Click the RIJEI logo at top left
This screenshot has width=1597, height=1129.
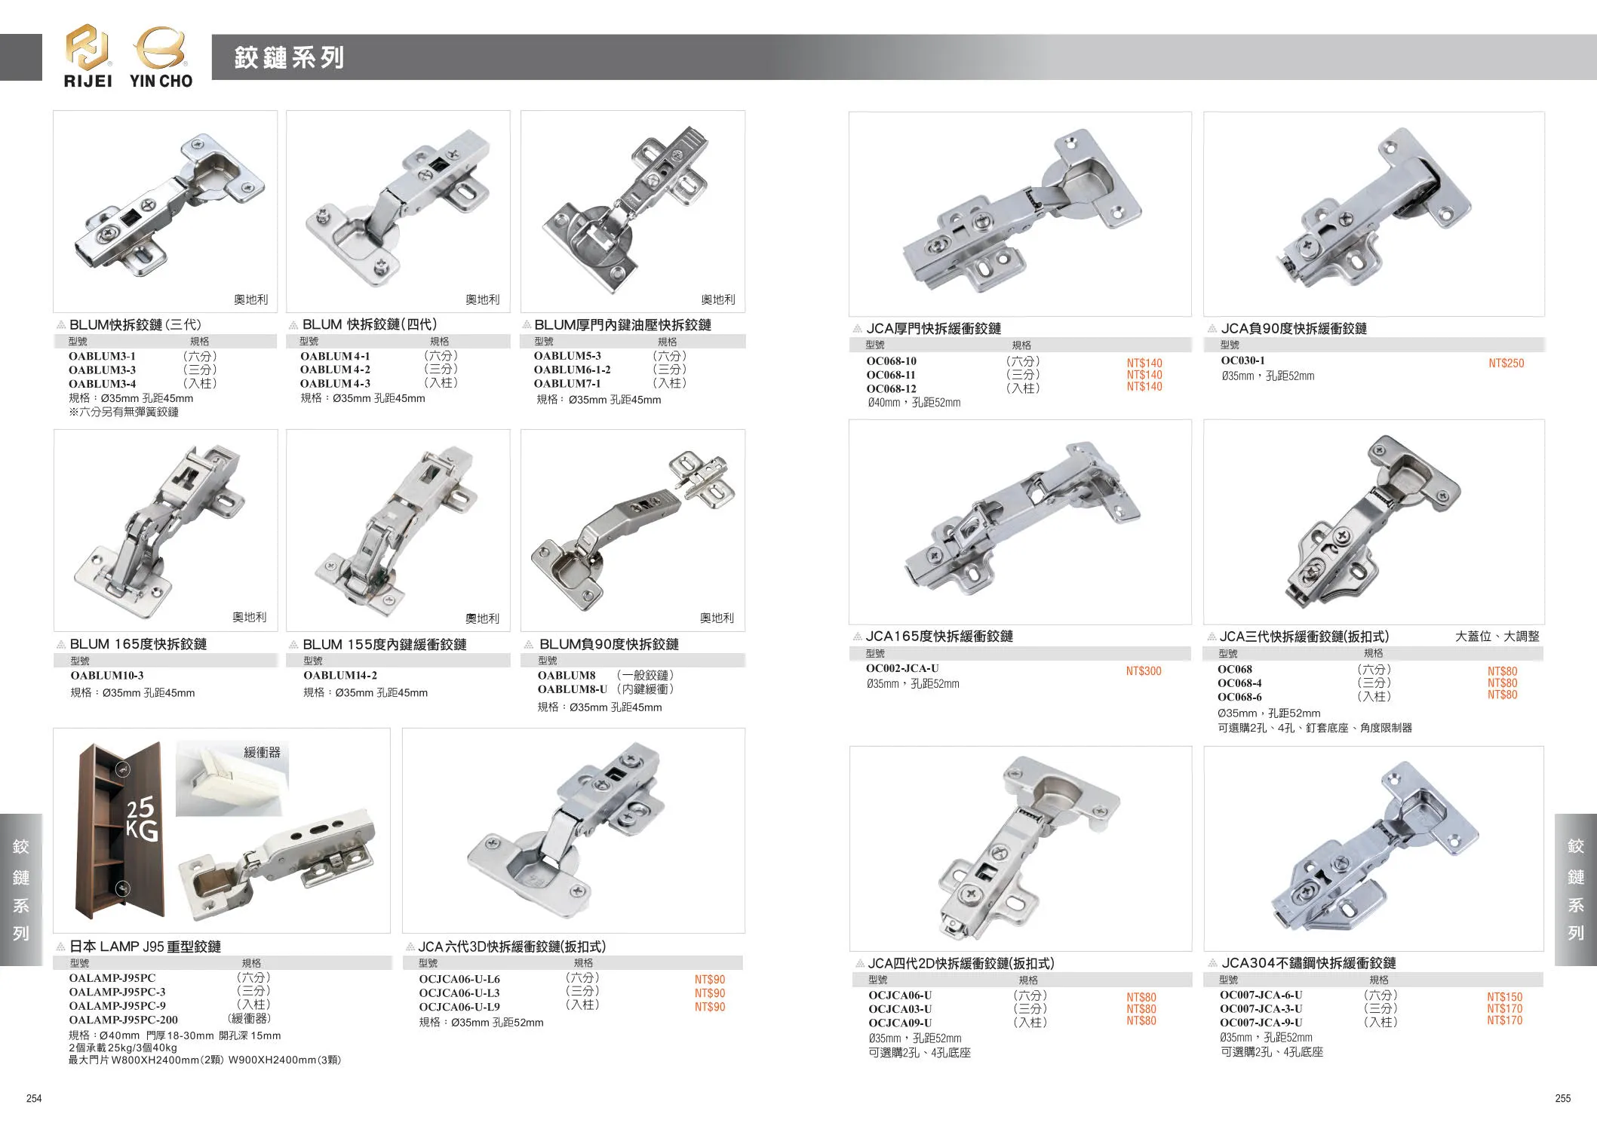(x=88, y=57)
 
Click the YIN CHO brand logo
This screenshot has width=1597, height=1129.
(x=161, y=57)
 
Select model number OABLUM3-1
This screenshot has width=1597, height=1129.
(x=102, y=356)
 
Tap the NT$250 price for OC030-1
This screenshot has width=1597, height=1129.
(x=1506, y=364)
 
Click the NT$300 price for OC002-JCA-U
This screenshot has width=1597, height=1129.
(x=1144, y=671)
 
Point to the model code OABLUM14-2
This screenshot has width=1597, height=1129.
(x=340, y=675)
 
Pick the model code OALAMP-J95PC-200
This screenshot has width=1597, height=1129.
(x=124, y=1020)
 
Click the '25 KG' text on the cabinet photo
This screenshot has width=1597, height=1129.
(x=141, y=818)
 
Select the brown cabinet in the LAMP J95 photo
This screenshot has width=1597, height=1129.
(x=121, y=830)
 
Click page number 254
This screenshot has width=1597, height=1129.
(x=34, y=1098)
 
